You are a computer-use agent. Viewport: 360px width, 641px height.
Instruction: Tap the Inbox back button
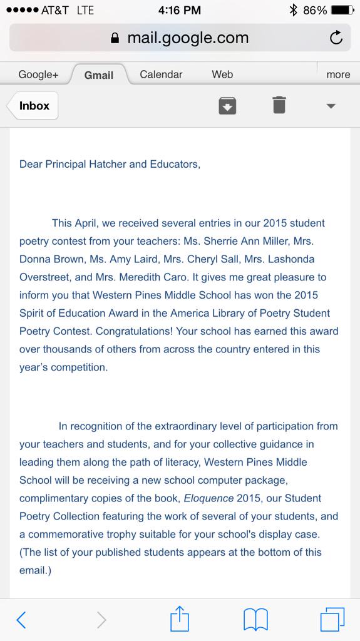pos(33,106)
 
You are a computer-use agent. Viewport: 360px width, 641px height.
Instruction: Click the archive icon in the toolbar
pos(227,105)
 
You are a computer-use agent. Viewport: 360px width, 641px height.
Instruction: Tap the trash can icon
pos(279,105)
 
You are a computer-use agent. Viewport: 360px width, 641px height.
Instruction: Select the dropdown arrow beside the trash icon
pos(331,106)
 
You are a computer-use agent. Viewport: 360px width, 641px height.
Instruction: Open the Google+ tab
pos(38,74)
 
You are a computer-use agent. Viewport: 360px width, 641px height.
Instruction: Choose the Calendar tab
pos(161,74)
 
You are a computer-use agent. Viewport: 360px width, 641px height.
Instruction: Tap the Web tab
pos(222,74)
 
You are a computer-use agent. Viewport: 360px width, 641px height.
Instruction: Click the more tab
pos(338,74)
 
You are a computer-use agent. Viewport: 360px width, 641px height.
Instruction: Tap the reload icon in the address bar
pos(336,38)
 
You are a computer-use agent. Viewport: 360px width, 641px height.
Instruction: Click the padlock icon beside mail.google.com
pos(115,38)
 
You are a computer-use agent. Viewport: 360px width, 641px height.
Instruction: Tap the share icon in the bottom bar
pos(180,619)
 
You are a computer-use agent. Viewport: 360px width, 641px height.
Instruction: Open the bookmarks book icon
pos(255,620)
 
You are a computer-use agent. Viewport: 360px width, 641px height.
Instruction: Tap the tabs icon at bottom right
pos(332,620)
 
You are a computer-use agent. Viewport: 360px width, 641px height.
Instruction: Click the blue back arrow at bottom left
pos(21,620)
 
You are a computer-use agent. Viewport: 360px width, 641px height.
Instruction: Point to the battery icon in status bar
pos(342,10)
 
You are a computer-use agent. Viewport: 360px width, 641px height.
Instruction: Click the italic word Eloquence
pos(208,498)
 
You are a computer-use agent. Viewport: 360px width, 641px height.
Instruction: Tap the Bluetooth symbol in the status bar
pos(293,10)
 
